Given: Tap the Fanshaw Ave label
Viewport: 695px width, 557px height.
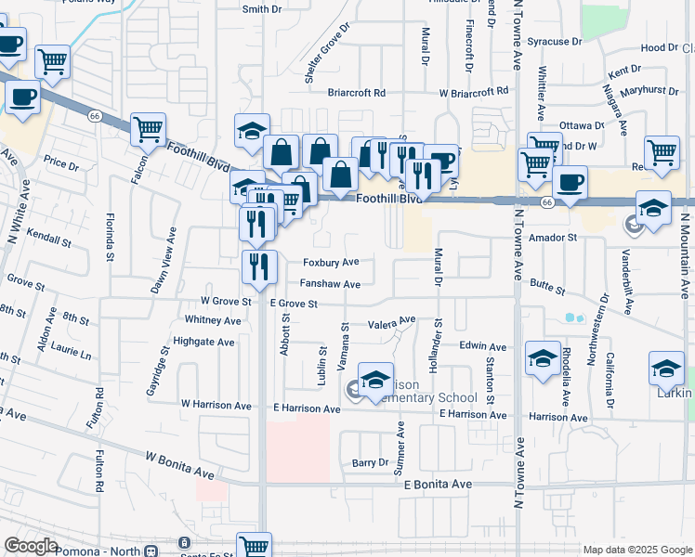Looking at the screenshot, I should point(329,284).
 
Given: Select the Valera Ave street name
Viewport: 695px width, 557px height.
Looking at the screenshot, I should point(390,325).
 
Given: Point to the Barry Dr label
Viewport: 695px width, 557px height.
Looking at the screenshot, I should point(369,462).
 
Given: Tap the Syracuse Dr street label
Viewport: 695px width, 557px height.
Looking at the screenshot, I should point(554,42).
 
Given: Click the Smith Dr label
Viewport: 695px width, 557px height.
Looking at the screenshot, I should point(261,9).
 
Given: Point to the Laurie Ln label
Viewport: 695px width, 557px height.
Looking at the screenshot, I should point(72,355).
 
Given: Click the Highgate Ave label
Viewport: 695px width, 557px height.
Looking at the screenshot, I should point(209,342).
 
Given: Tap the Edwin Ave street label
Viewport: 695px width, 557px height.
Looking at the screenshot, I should point(480,345).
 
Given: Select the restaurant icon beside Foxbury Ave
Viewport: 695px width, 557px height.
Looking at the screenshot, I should point(259,266).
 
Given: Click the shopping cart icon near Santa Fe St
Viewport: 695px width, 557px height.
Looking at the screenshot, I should point(253,546).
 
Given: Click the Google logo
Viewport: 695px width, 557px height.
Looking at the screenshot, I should point(31,547).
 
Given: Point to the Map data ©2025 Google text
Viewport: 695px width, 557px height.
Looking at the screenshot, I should point(636,550).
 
